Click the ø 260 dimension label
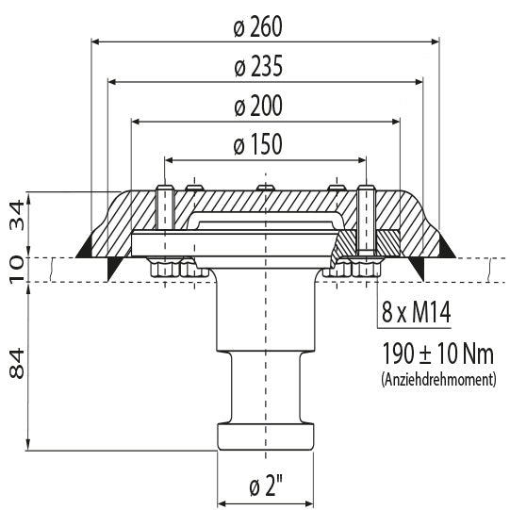point(258,26)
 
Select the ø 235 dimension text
point(258,66)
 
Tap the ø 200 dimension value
point(258,106)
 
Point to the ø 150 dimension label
point(258,144)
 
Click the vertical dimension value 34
point(16,215)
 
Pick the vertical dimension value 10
point(16,270)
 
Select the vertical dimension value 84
point(16,363)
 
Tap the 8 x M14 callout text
point(416,312)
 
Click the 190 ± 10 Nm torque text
point(437,354)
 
